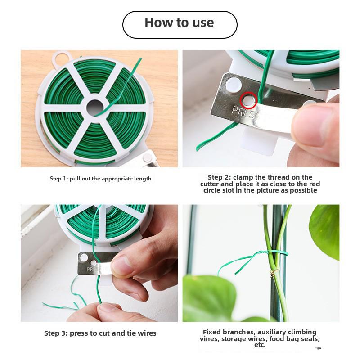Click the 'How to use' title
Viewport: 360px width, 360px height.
point(180,23)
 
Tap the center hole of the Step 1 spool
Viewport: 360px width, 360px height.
point(95,106)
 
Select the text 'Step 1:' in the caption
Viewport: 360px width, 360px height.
point(58,179)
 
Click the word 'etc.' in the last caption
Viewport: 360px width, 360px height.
point(260,345)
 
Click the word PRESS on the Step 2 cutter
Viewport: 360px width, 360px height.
point(243,112)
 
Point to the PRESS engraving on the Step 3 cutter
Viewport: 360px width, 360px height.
point(94,269)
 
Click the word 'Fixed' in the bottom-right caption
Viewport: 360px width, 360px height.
point(212,332)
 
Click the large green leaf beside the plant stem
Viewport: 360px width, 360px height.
point(325,229)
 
